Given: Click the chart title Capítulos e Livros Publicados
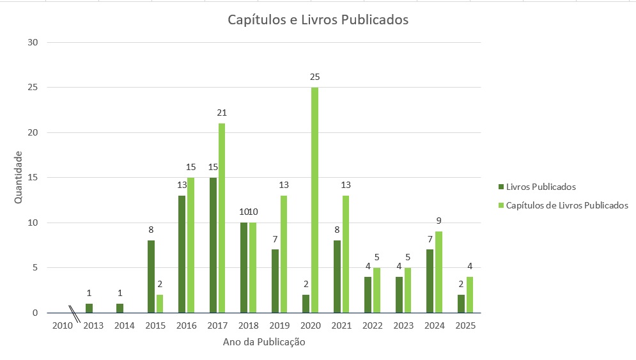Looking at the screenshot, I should pos(318,20).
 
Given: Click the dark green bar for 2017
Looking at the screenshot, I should pos(213,245).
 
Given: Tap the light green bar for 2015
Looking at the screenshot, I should pos(160,304).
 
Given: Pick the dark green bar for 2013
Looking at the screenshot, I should pos(89,308).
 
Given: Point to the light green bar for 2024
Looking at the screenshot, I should pos(438,272).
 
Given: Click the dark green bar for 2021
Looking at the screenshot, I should pos(337,277).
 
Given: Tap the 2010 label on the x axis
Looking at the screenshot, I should pos(62,325).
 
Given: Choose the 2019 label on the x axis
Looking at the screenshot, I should pos(279,325).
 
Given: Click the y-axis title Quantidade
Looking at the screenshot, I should pos(19,177).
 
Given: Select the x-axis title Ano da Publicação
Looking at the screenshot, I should pos(264,342).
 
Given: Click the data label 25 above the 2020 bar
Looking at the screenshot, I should pos(314,77).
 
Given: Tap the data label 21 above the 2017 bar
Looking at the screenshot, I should pos(222,113).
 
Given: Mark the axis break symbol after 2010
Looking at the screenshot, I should pos(75,314).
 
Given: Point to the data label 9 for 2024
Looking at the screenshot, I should pos(438,221).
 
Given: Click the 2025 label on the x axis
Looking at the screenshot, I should pos(465,325).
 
